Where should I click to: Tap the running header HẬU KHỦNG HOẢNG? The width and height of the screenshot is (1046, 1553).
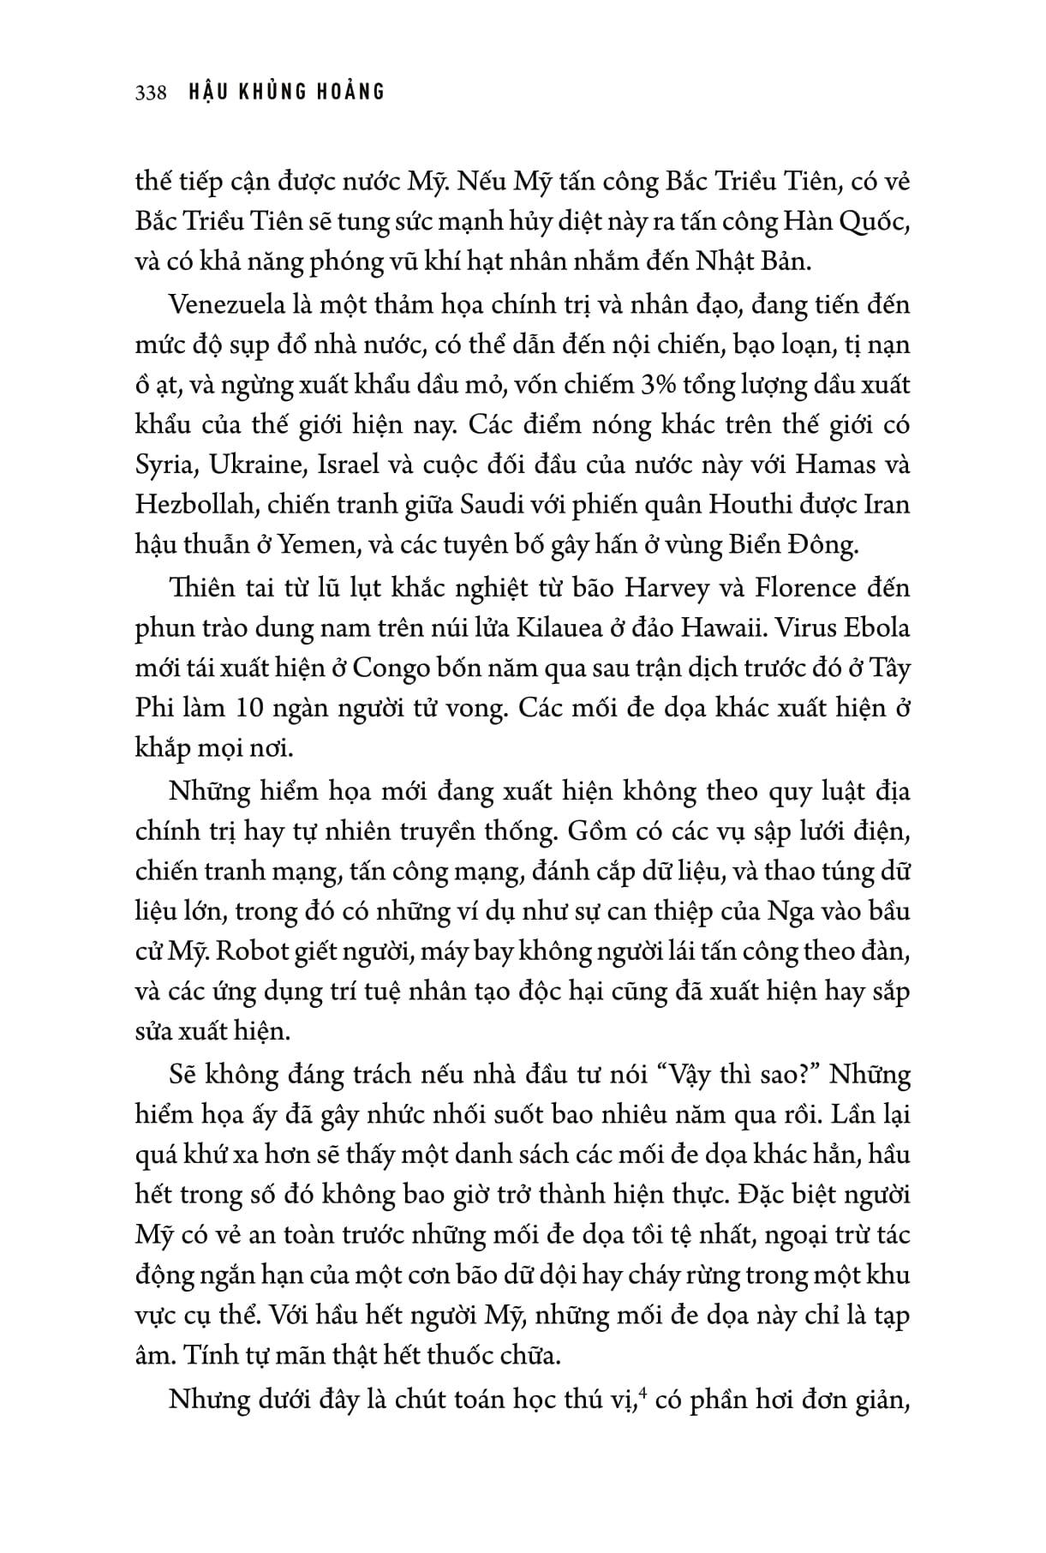(286, 92)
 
